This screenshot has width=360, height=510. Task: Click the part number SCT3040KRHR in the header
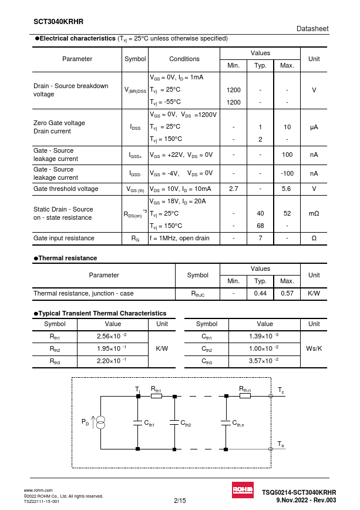point(58,21)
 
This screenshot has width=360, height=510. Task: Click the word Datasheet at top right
point(312,28)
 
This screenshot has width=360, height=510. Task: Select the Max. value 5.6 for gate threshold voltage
point(287,189)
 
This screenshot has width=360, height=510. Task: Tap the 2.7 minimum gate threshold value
point(233,189)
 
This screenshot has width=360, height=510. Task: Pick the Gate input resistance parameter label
point(64,238)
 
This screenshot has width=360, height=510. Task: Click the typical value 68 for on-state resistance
point(260,226)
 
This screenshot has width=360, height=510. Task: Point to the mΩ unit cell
point(314,213)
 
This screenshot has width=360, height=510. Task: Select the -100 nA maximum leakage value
point(287,173)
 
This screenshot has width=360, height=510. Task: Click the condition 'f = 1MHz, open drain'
point(179,238)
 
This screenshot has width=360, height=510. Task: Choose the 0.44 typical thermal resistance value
point(260,293)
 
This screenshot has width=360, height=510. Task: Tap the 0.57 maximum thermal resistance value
point(287,293)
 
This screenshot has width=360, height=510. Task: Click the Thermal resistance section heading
point(68,258)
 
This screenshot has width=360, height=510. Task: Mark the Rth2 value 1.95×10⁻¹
point(112,349)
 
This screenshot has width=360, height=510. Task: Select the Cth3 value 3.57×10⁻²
point(264,361)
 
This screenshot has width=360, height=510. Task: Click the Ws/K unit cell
point(314,348)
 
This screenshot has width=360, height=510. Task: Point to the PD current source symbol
point(100,422)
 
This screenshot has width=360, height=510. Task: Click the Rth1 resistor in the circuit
point(156,396)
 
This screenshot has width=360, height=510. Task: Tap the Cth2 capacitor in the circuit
point(174,422)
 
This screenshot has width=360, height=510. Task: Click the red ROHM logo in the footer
point(241,491)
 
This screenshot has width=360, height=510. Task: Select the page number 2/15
point(180,500)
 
